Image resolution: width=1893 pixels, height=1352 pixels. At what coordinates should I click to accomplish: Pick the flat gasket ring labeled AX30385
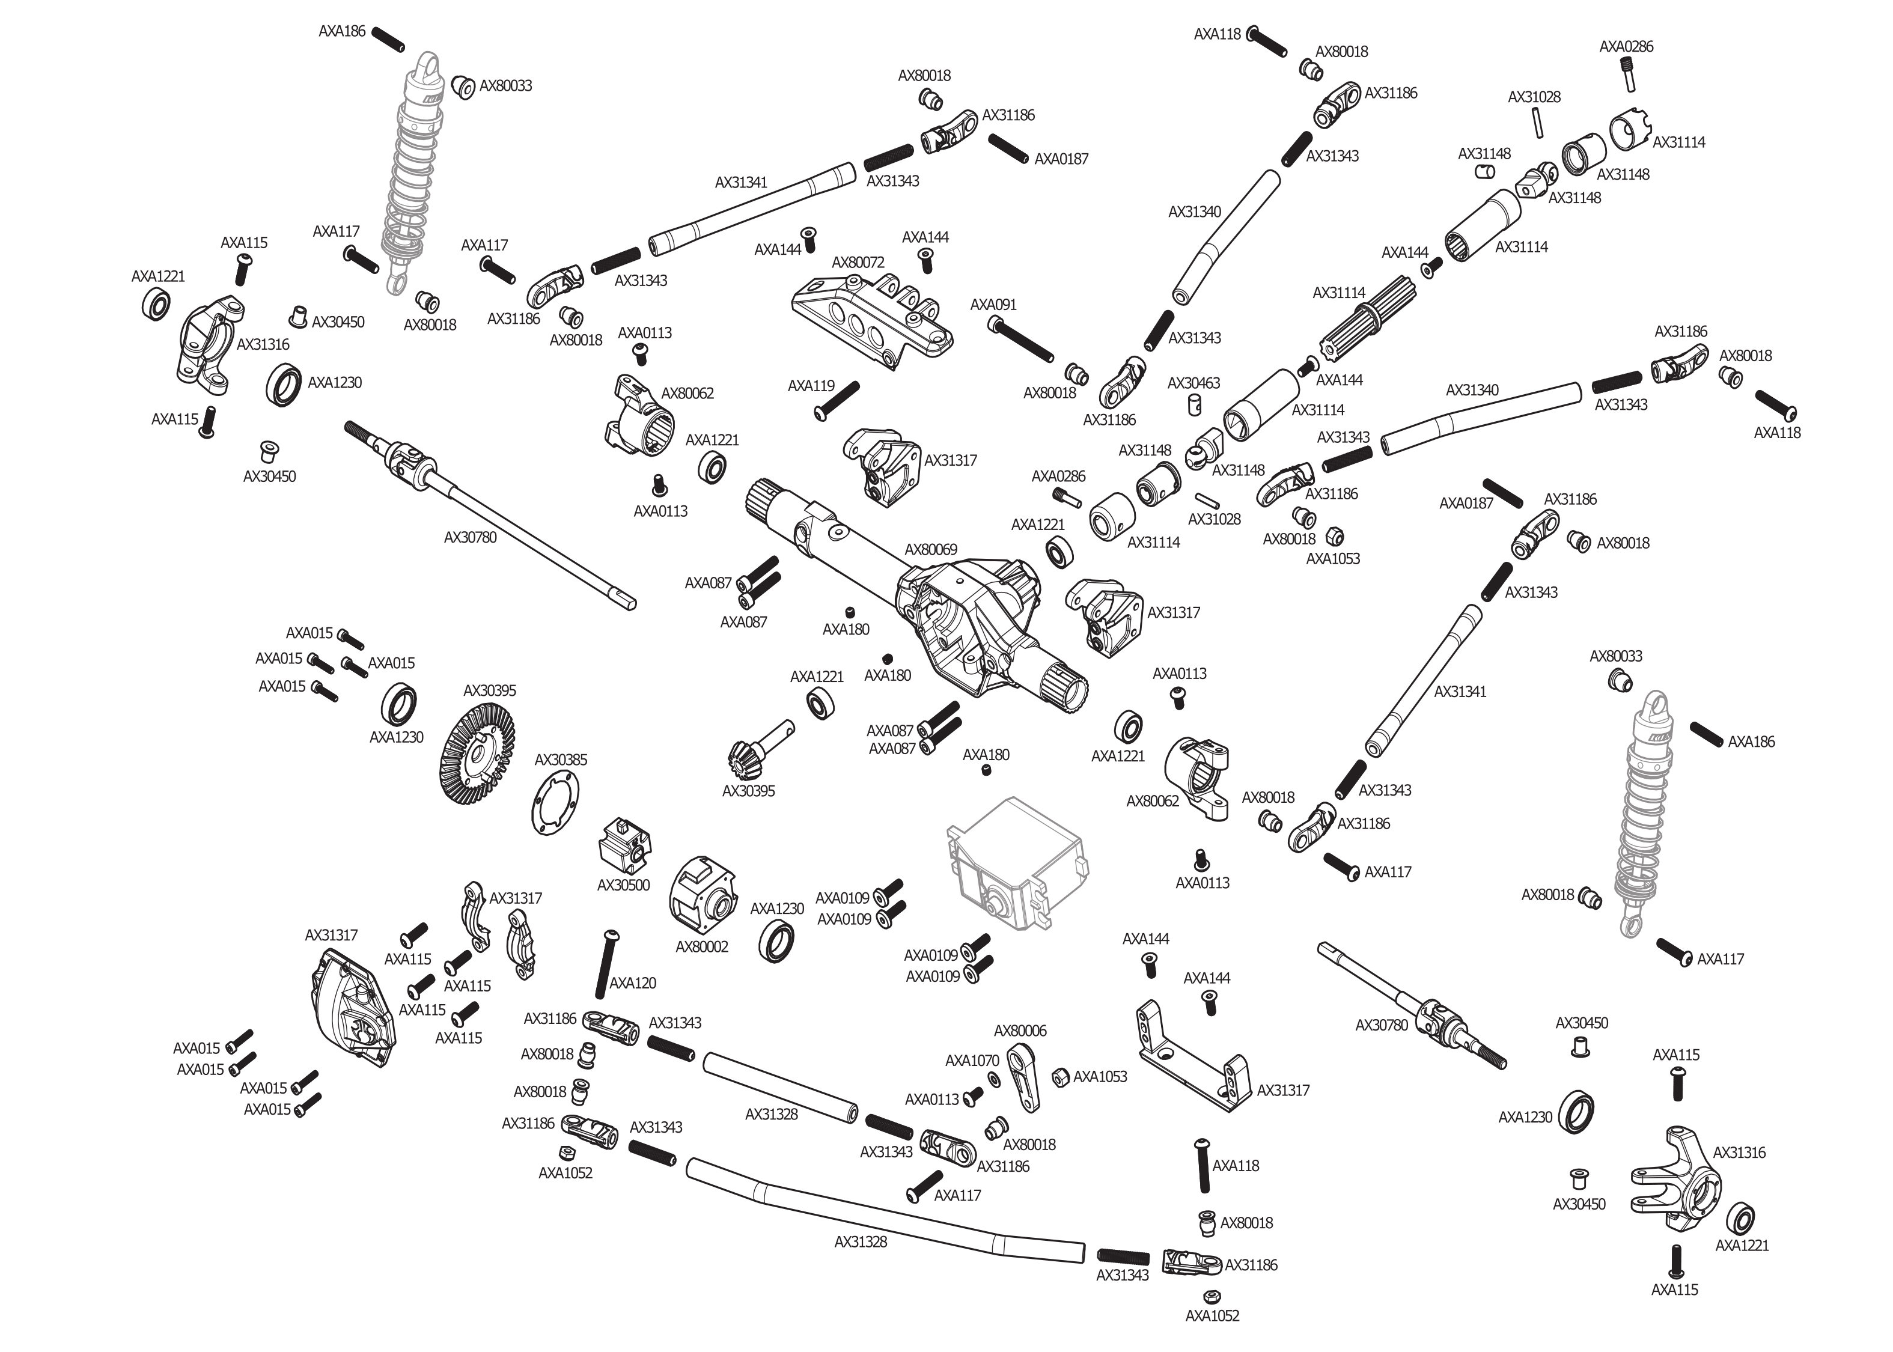click(x=555, y=803)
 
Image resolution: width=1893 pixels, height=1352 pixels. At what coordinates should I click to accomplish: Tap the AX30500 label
click(x=624, y=885)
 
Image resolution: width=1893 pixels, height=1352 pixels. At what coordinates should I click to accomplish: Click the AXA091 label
click(x=993, y=305)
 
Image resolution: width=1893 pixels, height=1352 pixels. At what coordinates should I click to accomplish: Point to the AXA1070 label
click(x=972, y=1061)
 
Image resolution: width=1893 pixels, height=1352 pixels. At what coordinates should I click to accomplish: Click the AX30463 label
click(x=1193, y=383)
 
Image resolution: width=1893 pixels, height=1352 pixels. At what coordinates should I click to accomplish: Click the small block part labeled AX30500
click(x=624, y=845)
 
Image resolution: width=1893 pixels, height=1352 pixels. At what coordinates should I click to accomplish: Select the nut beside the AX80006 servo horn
click(x=1061, y=1077)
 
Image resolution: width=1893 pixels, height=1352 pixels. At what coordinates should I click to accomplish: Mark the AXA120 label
click(x=633, y=983)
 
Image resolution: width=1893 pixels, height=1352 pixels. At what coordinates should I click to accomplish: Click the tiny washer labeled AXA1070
click(x=995, y=1079)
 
